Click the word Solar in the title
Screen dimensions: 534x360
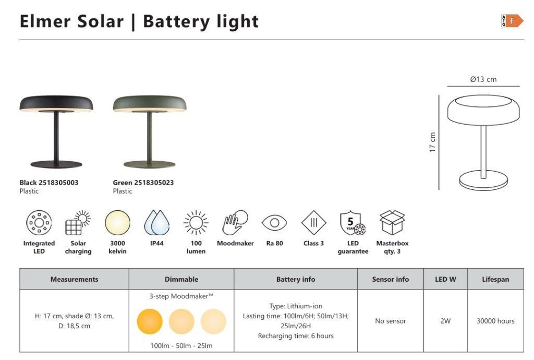pyautogui.click(x=100, y=21)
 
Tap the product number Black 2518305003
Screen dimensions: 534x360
pyautogui.click(x=48, y=183)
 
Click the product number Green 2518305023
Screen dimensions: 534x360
pyautogui.click(x=143, y=183)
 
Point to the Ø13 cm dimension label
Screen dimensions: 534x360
pyautogui.click(x=483, y=79)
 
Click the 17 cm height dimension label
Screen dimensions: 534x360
pyautogui.click(x=432, y=142)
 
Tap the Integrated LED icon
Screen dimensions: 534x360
pyautogui.click(x=39, y=222)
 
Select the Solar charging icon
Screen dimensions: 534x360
pyautogui.click(x=78, y=223)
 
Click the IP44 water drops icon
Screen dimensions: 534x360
pyautogui.click(x=156, y=222)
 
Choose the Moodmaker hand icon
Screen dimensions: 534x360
pyautogui.click(x=235, y=222)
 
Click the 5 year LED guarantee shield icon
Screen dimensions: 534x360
pyautogui.click(x=353, y=223)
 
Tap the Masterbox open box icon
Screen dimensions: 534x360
pyautogui.click(x=392, y=222)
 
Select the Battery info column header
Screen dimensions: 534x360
pyautogui.click(x=296, y=279)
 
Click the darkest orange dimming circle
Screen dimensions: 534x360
pyautogui.click(x=150, y=321)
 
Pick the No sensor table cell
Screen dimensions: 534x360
pyautogui.click(x=391, y=321)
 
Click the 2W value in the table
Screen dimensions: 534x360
pyautogui.click(x=445, y=321)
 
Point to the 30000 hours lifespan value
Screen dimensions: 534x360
pyautogui.click(x=495, y=321)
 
